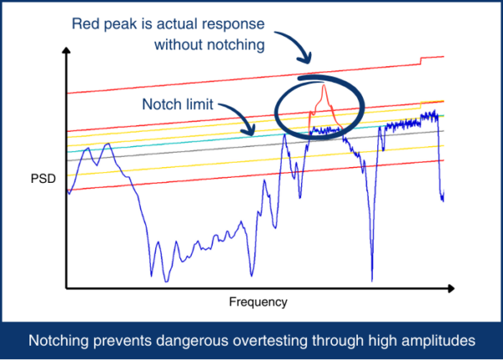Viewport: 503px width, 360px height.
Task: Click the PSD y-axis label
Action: click(43, 179)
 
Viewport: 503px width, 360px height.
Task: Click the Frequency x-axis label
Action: click(258, 302)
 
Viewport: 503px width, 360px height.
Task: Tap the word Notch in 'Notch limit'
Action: click(158, 104)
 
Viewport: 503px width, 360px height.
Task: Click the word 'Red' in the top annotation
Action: click(84, 24)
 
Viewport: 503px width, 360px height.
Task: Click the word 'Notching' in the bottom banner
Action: click(59, 341)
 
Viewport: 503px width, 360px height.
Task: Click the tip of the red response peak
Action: click(324, 85)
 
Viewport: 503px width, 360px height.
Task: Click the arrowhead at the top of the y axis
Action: click(66, 50)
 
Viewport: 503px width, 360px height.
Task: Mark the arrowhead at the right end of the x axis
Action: click(452, 289)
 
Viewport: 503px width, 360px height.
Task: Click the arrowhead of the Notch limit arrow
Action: click(252, 133)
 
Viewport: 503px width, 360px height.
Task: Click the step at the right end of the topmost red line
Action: click(421, 60)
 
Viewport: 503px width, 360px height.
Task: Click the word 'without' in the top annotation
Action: click(179, 45)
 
